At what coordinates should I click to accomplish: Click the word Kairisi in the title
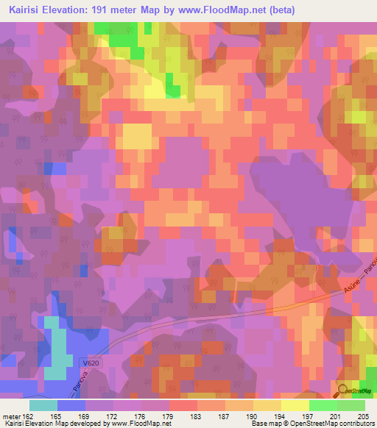coord(23,10)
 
